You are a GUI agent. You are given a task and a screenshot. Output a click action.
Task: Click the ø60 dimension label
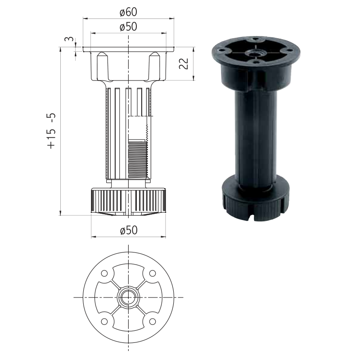click(x=128, y=12)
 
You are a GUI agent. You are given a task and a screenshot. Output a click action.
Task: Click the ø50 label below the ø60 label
click(x=128, y=27)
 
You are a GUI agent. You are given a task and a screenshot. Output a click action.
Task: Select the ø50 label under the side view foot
click(x=129, y=230)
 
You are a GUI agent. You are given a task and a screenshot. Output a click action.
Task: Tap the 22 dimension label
click(x=184, y=63)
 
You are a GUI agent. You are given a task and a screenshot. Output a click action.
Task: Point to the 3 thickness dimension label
click(x=69, y=39)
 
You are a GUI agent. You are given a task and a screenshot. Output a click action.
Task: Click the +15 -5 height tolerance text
click(x=51, y=131)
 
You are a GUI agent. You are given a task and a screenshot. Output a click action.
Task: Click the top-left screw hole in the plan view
click(x=104, y=274)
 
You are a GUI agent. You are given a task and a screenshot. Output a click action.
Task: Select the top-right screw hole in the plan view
click(x=153, y=274)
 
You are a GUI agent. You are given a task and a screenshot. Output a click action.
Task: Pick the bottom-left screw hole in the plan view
click(x=104, y=321)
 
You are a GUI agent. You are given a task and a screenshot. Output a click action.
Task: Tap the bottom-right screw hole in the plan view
click(x=153, y=321)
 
